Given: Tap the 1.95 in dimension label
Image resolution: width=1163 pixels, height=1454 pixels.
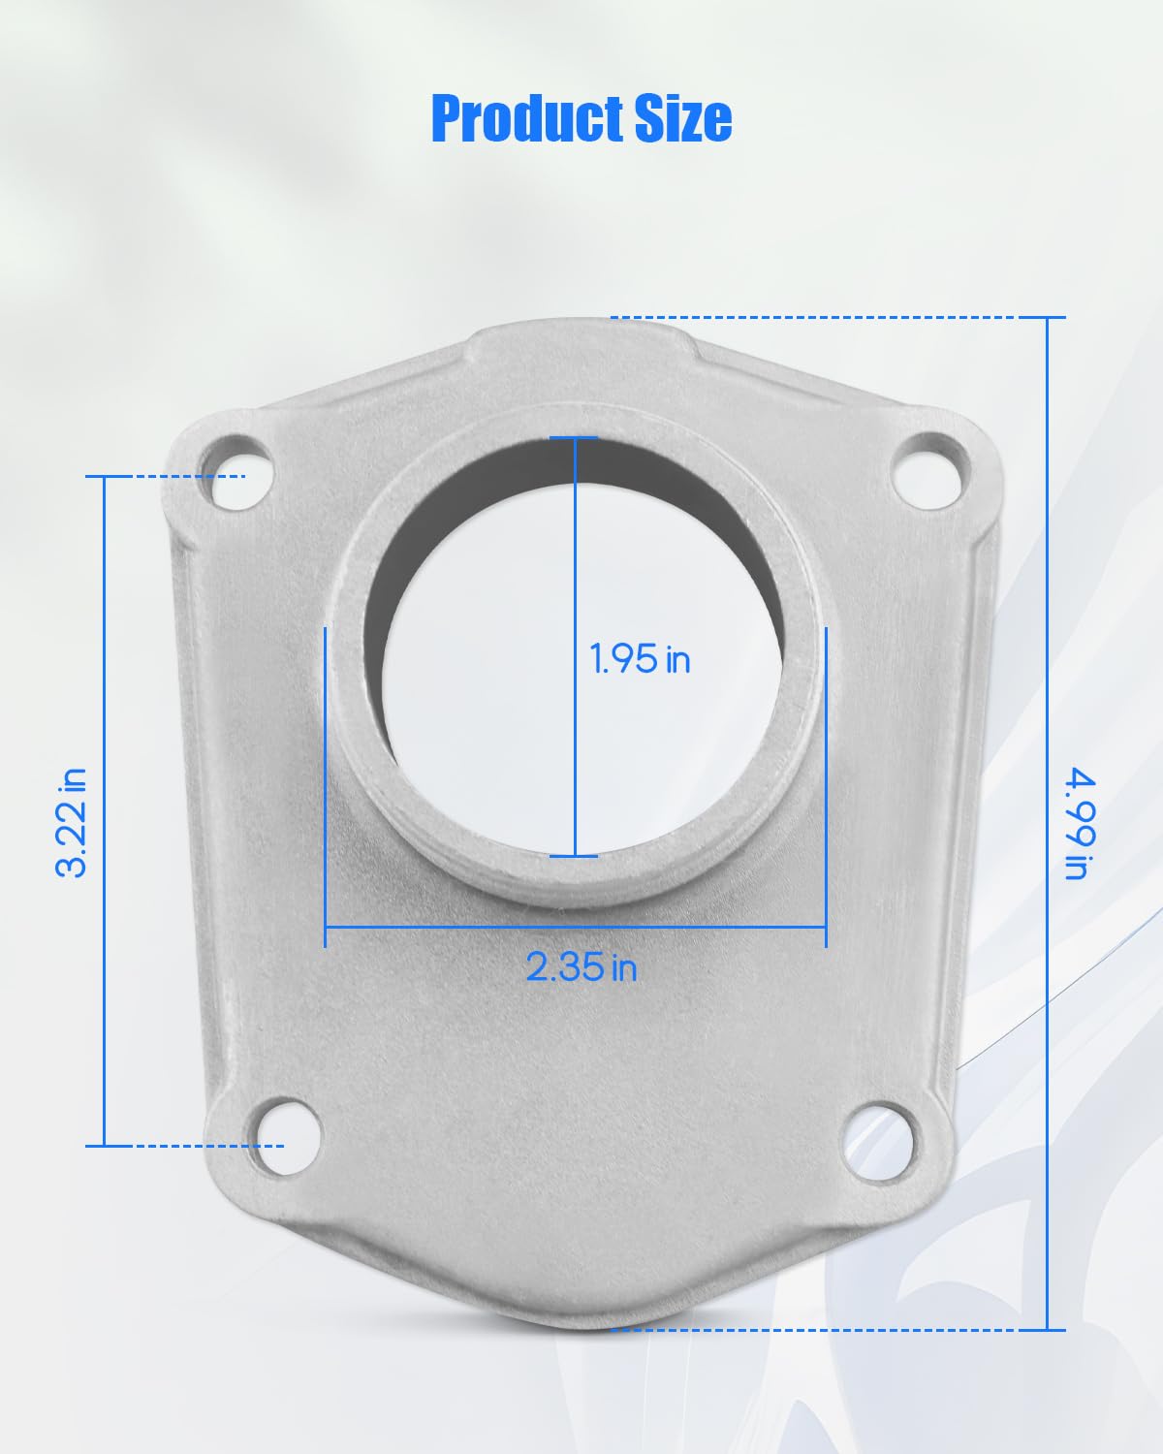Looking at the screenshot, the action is [x=640, y=659].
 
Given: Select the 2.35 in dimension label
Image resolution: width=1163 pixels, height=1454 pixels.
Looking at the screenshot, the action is [x=581, y=966].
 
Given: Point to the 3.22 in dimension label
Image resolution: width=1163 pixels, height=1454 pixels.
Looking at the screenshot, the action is [x=71, y=823].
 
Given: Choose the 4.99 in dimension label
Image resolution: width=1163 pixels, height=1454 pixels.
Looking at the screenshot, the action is [x=1080, y=823].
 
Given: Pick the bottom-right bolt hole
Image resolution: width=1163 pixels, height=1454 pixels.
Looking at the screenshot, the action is [x=878, y=1142].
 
